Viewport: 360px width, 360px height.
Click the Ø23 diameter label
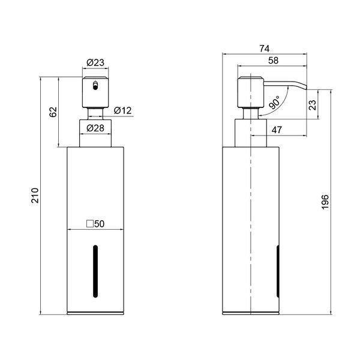pyautogui.click(x=95, y=62)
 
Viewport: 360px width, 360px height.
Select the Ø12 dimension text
pyautogui.click(x=123, y=110)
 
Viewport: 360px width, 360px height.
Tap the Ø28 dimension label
pyautogui.click(x=95, y=128)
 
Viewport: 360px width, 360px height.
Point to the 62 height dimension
pyautogui.click(x=53, y=112)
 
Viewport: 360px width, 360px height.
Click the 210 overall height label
pyautogui.click(x=35, y=196)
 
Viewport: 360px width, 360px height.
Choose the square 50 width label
pyautogui.click(x=95, y=224)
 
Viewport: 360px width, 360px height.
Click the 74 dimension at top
pyautogui.click(x=265, y=49)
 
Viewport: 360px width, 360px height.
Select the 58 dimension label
pyautogui.click(x=273, y=61)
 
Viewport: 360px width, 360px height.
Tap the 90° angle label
pyautogui.click(x=275, y=103)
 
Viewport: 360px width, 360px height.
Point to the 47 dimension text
pyautogui.click(x=277, y=130)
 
